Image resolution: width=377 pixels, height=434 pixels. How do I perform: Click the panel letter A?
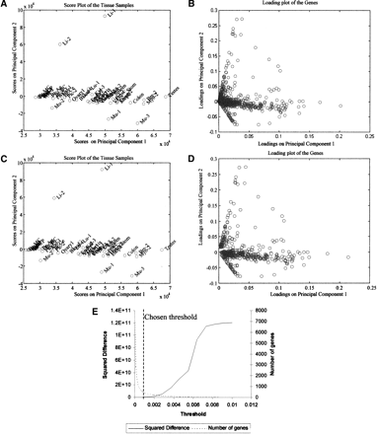[x=6, y=5]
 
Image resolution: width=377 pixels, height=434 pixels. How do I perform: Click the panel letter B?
[x=192, y=5]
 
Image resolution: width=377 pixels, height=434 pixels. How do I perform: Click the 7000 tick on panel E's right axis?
[x=265, y=309]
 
